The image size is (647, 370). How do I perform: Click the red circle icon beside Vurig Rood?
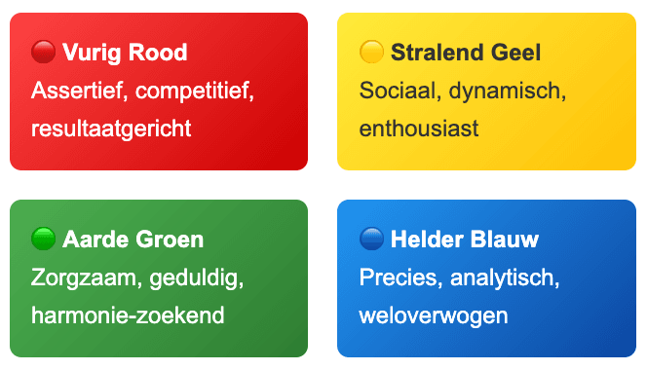point(43,52)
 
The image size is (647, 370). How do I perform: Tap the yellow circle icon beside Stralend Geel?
point(371,52)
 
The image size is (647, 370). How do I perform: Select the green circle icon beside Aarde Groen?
point(43,239)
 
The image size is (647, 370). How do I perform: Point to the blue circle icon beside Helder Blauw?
point(371,239)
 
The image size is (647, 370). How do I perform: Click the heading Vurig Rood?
point(125,52)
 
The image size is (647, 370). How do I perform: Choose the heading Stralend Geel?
point(466,52)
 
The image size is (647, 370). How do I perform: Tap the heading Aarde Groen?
point(133,239)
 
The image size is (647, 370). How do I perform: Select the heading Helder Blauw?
point(465,239)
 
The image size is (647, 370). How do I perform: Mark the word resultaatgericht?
point(111,129)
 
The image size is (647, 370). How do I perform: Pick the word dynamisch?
point(504,91)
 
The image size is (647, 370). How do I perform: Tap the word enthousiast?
point(419,129)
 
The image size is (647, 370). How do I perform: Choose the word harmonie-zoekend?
point(128,315)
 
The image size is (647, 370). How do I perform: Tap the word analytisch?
point(505,277)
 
